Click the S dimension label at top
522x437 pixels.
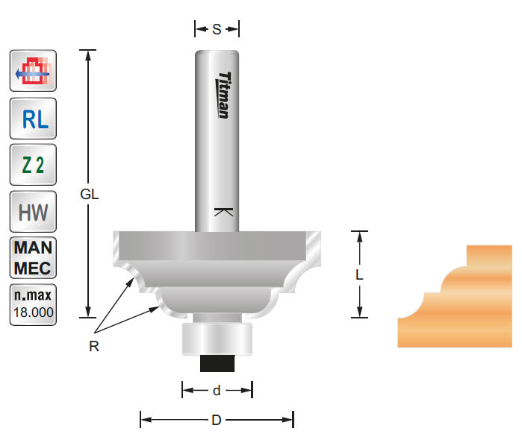[217, 30]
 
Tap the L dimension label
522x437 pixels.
[359, 274]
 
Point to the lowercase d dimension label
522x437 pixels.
[217, 390]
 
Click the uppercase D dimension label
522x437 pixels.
[217, 420]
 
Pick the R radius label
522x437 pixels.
[94, 346]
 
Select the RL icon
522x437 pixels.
[33, 118]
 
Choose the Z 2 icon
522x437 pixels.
[33, 166]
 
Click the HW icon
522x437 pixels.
[33, 213]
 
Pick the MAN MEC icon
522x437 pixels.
[33, 257]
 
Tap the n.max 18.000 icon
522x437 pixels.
[33, 304]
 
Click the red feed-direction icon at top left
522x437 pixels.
[33, 72]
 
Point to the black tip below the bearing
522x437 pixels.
[217, 363]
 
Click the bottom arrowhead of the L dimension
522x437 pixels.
[359, 312]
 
